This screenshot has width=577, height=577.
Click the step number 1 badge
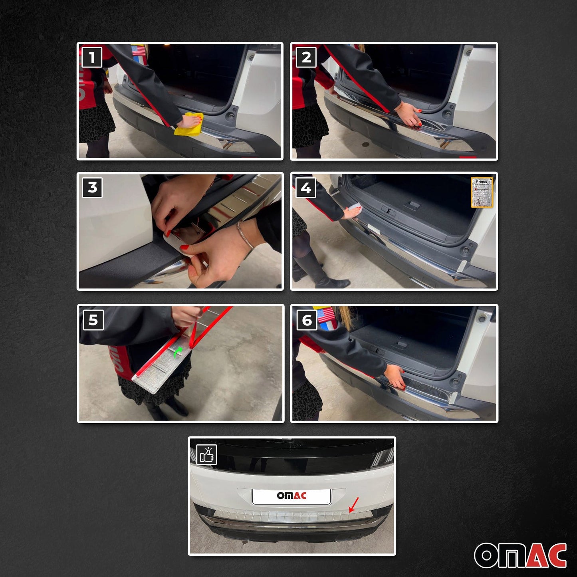[x=92, y=58]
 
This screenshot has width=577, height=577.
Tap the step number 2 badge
[x=306, y=58]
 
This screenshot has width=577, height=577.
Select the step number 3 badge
[x=92, y=187]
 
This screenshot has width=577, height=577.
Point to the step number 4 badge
[x=305, y=188]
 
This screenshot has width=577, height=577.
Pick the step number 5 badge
[x=93, y=320]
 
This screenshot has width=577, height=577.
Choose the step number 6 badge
[x=307, y=320]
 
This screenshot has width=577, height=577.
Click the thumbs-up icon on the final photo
[x=206, y=455]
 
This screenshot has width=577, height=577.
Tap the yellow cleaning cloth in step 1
[x=190, y=124]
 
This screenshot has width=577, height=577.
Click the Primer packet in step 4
[x=482, y=192]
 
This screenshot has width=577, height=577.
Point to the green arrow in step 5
[x=178, y=351]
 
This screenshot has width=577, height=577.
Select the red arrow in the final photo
[x=354, y=505]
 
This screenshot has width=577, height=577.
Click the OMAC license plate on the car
[x=291, y=496]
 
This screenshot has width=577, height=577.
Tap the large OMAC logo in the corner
[x=520, y=555]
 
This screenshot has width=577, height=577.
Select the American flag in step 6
[x=326, y=315]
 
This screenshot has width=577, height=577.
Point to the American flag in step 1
[x=139, y=51]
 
